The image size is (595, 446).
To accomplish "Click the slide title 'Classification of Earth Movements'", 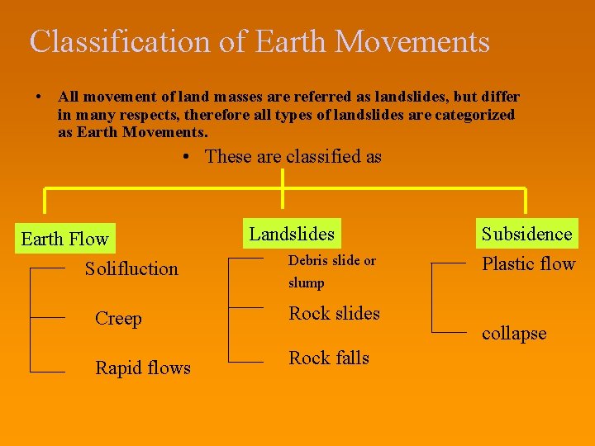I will [x=259, y=41].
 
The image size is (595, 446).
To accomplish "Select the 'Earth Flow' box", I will [x=64, y=240].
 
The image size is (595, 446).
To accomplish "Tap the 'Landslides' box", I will [x=292, y=235].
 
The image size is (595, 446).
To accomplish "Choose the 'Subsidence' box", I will [x=526, y=234].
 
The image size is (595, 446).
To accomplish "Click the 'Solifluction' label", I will [x=131, y=268].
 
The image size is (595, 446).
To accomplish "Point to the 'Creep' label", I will [x=118, y=319].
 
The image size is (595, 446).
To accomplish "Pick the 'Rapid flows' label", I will [x=143, y=368].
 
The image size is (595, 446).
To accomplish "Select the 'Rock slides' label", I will [x=334, y=313].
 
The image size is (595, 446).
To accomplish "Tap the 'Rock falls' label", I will [x=329, y=358].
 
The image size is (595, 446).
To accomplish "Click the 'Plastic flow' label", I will [x=528, y=264].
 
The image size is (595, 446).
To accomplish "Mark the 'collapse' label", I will [x=514, y=334].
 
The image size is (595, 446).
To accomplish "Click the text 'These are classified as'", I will [x=293, y=156].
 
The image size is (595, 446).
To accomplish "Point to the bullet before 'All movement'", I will [x=39, y=97].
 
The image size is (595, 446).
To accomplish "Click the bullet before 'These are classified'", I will [x=188, y=156].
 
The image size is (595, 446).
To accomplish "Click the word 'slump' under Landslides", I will [x=306, y=282].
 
